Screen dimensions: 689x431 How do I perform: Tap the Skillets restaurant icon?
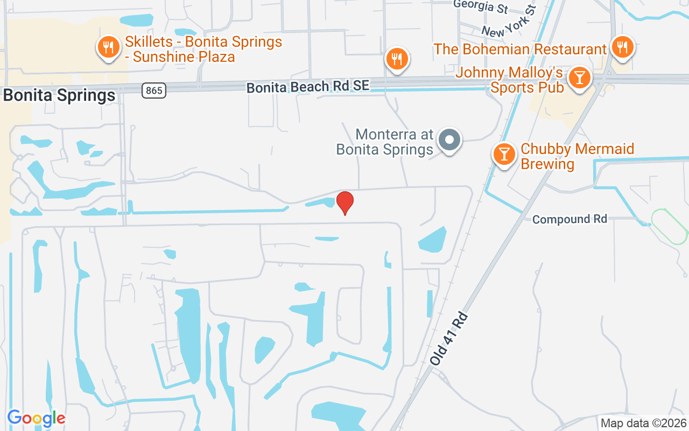[109, 47]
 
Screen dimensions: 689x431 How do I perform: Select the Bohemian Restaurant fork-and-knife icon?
[623, 47]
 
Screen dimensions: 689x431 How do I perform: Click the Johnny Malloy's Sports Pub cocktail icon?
[580, 78]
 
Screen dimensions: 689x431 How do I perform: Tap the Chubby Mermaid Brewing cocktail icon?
[504, 154]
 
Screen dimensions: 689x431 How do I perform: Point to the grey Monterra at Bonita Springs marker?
[449, 140]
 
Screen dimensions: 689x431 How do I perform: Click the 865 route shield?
[154, 91]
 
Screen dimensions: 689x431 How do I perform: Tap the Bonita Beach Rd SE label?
[308, 86]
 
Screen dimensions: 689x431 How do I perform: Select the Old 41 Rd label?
[451, 339]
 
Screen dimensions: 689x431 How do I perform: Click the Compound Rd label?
[570, 219]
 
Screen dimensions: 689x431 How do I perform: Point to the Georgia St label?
[481, 6]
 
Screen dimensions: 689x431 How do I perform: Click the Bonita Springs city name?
[59, 95]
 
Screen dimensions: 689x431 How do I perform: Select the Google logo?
[36, 418]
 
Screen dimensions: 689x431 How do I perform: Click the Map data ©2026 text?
[643, 423]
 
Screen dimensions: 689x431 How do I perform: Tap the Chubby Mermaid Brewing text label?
[577, 156]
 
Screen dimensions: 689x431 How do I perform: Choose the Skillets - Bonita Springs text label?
[203, 49]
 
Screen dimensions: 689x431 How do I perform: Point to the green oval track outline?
[670, 226]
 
